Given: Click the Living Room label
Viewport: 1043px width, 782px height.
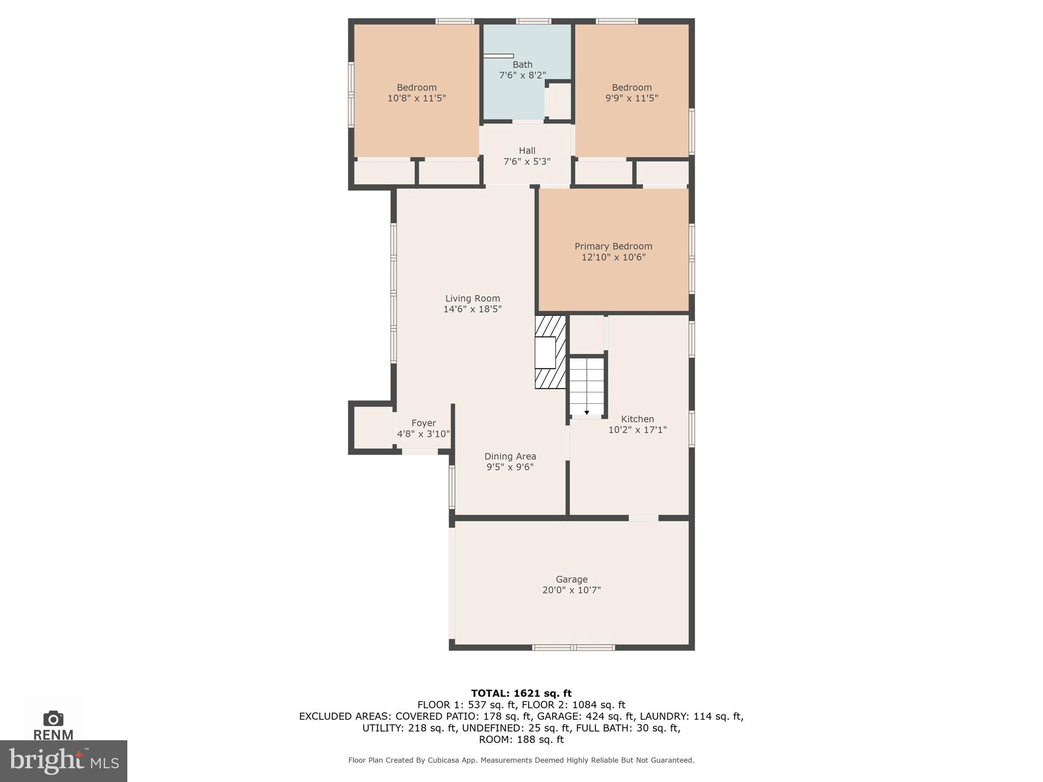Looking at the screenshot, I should click(472, 298).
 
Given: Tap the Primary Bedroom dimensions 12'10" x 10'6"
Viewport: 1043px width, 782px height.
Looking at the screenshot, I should click(613, 257).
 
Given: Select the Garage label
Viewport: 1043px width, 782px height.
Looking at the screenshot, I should click(571, 579).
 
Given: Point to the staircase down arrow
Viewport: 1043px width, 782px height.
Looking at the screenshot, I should click(587, 412).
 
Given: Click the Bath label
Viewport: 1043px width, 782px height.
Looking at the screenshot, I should click(523, 65).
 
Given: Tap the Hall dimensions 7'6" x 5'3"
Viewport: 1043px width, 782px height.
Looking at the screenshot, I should click(527, 161).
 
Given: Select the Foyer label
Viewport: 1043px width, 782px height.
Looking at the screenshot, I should click(423, 423).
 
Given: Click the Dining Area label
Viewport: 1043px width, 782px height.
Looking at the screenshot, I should click(510, 456).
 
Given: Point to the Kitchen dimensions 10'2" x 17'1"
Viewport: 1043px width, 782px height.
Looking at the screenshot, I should click(637, 430).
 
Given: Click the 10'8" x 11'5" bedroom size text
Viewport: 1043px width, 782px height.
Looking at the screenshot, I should click(417, 98).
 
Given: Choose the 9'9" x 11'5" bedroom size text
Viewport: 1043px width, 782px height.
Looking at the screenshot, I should click(632, 98).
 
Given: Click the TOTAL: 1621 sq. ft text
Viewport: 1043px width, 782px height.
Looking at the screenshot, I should click(521, 693).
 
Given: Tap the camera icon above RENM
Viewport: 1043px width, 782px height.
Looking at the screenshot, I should click(53, 718).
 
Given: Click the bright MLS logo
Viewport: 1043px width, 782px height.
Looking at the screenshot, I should click(64, 761).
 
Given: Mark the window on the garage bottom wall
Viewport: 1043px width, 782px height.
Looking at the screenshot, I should click(573, 648).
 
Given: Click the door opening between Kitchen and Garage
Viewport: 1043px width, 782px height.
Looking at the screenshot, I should click(643, 518).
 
